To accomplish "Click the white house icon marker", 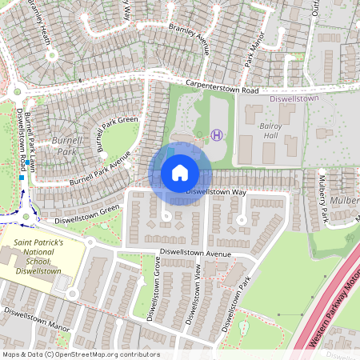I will coord(180,173).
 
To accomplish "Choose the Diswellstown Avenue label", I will coord(194,254).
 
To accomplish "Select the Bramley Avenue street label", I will coord(189,38).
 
